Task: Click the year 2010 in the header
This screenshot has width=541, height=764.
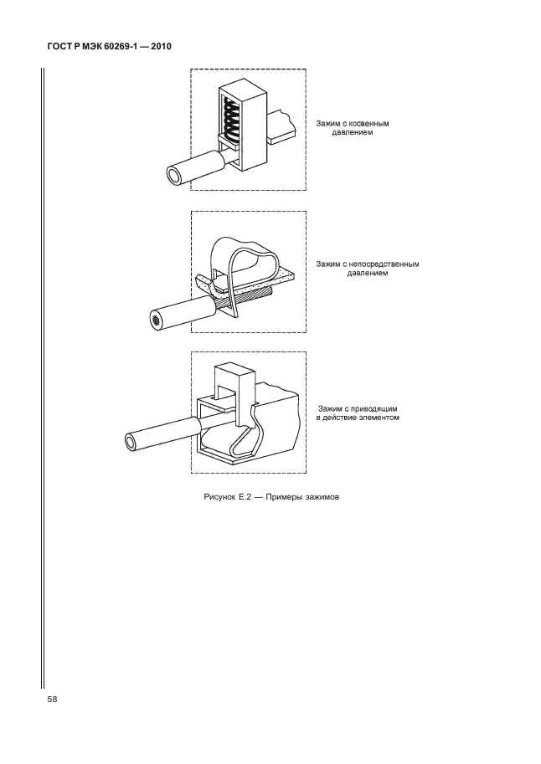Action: (162, 47)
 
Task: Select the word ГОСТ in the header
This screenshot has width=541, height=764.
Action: (59, 47)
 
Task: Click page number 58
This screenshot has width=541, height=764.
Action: (52, 700)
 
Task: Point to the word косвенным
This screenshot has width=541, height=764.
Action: (370, 123)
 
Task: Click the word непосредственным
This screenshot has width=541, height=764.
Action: (384, 264)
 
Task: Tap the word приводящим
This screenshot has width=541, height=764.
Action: (378, 409)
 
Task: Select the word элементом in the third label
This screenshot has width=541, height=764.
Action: (379, 418)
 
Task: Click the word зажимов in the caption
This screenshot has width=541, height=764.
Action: (322, 497)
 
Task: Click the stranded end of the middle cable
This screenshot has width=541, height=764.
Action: (156, 320)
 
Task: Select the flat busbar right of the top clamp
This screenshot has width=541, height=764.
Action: (281, 126)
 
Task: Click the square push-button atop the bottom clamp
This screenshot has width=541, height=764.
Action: (234, 385)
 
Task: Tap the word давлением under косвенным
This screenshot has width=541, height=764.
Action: (353, 132)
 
